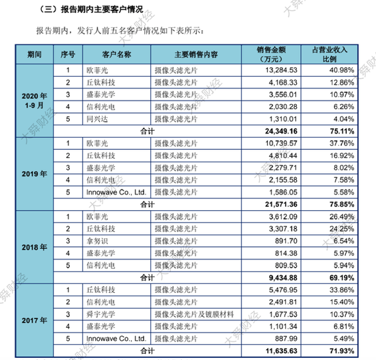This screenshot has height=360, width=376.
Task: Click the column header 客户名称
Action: coord(116,54)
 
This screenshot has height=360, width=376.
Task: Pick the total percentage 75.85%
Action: coord(341,204)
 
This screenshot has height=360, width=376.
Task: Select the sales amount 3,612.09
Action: coord(282,216)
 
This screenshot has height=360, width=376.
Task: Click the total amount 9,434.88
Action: coord(280,277)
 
